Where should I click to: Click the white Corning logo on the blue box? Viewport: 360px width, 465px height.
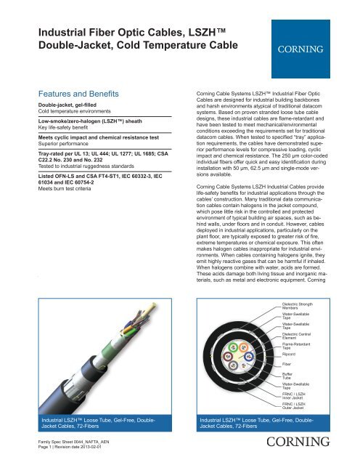[298, 52]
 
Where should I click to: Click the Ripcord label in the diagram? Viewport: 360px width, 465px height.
[291, 354]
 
